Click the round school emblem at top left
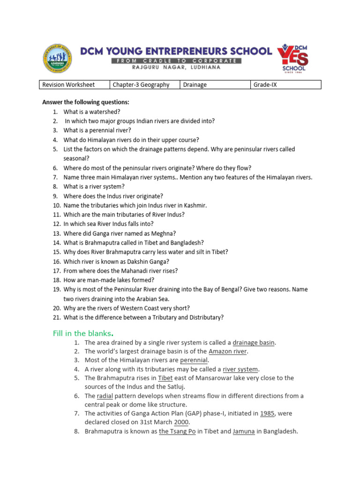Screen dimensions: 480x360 (58, 59)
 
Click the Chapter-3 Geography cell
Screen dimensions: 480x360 (140, 85)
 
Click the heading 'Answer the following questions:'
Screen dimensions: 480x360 (86, 102)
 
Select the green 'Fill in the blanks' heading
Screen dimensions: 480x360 (82, 333)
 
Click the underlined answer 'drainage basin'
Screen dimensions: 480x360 (254, 343)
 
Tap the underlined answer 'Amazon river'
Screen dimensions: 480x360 (228, 351)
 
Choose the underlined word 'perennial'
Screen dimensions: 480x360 (194, 360)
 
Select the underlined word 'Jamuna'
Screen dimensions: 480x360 (244, 431)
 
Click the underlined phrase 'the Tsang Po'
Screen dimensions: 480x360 (177, 431)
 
